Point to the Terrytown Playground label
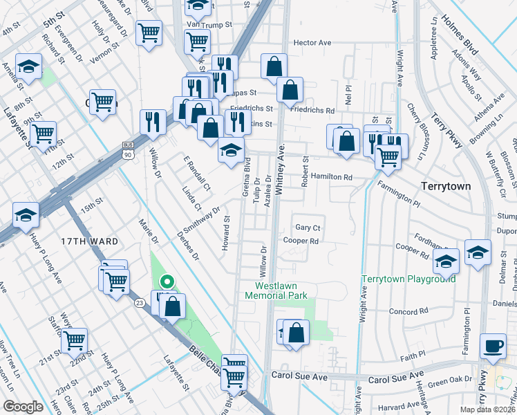tap(409, 279)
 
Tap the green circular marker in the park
tap(166, 281)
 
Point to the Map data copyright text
tap(487, 409)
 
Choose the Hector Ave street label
tap(312, 43)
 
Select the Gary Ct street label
tap(308, 228)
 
